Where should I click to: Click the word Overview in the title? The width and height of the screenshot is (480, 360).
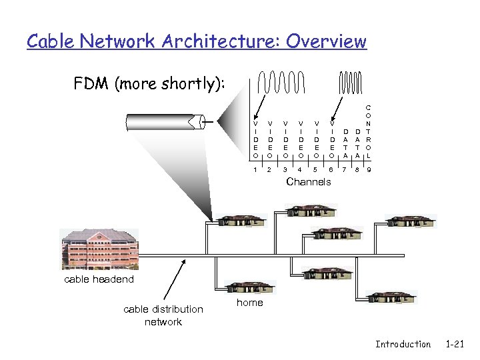(x=327, y=41)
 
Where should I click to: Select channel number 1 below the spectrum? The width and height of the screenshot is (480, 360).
(x=255, y=170)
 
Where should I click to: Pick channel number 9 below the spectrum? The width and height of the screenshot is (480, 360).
(x=369, y=170)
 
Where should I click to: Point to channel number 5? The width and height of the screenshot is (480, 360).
(x=316, y=170)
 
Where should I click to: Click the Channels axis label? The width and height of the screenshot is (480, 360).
(x=308, y=181)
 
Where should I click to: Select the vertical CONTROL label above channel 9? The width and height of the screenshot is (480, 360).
(x=369, y=130)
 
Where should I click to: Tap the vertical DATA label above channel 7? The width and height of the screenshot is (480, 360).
(x=345, y=143)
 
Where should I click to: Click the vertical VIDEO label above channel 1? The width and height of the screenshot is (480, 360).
(x=255, y=139)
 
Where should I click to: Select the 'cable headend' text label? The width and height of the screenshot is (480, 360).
(x=99, y=279)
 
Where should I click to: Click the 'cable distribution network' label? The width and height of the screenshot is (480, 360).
(x=163, y=315)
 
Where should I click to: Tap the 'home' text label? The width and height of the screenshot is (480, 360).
(x=250, y=303)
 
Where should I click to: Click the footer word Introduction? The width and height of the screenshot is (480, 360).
(x=403, y=344)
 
